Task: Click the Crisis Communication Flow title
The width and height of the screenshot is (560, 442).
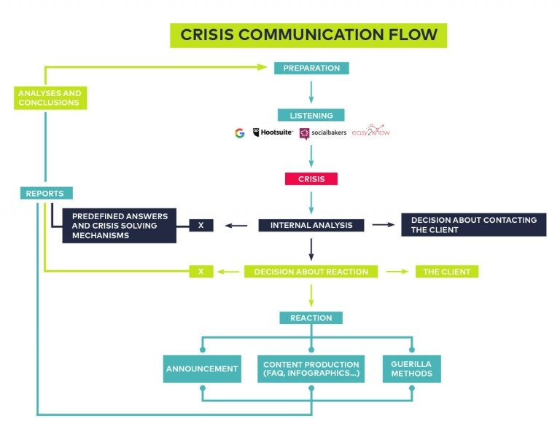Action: click(x=308, y=35)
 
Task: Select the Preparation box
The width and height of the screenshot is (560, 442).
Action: click(x=311, y=68)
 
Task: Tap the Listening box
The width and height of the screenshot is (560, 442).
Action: click(x=311, y=115)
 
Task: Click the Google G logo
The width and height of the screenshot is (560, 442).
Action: click(x=239, y=133)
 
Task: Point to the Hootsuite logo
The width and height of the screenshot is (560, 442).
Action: click(x=273, y=133)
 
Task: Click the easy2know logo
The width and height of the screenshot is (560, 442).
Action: click(x=371, y=132)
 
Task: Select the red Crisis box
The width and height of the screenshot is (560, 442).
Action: click(x=311, y=178)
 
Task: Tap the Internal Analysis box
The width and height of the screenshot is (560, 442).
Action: click(x=311, y=225)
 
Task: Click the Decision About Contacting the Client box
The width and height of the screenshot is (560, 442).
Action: click(x=473, y=224)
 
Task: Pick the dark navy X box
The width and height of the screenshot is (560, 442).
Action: click(x=201, y=225)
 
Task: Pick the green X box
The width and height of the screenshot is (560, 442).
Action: click(x=201, y=272)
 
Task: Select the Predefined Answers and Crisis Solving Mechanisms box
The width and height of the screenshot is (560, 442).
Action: click(x=119, y=226)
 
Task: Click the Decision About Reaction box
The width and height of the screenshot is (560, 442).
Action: click(x=311, y=272)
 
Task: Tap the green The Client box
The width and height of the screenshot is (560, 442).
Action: click(x=447, y=272)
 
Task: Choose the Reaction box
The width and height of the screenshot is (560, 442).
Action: click(x=311, y=317)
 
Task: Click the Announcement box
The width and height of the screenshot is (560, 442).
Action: click(x=202, y=368)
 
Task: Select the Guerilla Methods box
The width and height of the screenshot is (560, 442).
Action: click(x=411, y=368)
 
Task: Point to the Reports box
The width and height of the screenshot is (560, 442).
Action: click(x=45, y=193)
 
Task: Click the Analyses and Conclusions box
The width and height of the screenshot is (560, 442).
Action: click(x=50, y=98)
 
